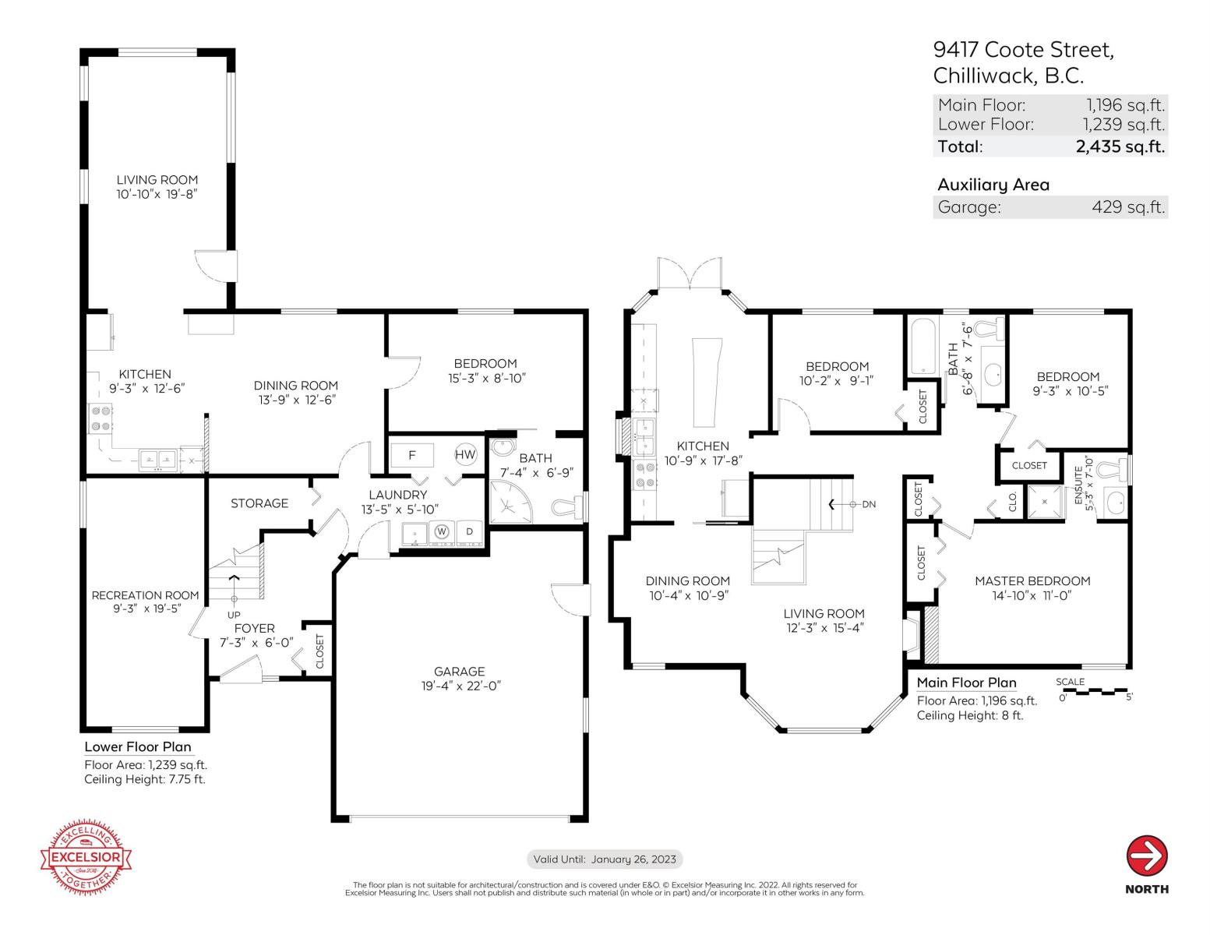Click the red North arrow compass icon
[1146, 856]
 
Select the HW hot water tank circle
[465, 454]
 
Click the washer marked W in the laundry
[442, 531]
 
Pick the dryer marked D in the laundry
[469, 531]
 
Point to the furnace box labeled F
[411, 454]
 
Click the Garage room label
[459, 671]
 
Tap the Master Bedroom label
[1032, 580]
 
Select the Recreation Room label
[146, 595]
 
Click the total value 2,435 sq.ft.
[1120, 146]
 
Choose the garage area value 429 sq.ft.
[1128, 207]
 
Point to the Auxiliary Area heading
[993, 185]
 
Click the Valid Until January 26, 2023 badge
[605, 859]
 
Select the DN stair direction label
[869, 504]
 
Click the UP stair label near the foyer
[234, 615]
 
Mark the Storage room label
[259, 503]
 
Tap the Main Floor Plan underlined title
[966, 683]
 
